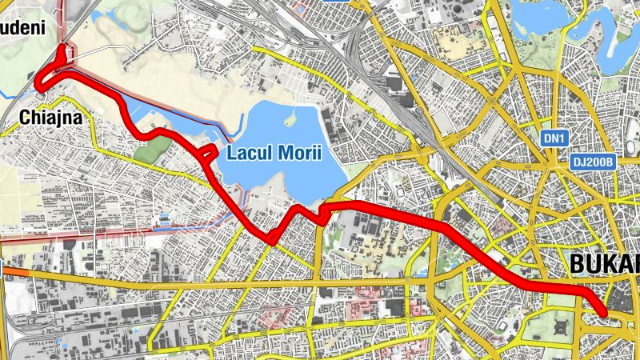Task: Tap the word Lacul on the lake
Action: click(250, 153)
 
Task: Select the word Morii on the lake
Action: click(298, 153)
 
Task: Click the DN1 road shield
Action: click(554, 138)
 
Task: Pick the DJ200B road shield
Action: click(593, 162)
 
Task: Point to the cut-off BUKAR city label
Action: click(605, 264)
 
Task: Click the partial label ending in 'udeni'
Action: click(22, 28)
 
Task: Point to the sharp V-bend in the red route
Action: click(272, 238)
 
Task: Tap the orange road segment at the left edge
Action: click(15, 273)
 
